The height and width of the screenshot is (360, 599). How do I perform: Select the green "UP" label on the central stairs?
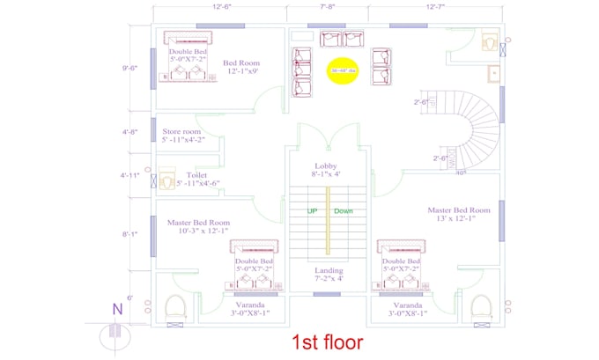[x=312, y=211]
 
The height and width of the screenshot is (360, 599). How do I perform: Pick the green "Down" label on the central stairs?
[x=344, y=211]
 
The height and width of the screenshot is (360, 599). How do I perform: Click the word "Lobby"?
[x=327, y=165]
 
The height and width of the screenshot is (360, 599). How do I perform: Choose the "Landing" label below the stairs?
[x=328, y=270]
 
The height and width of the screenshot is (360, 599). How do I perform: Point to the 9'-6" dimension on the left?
[x=129, y=67]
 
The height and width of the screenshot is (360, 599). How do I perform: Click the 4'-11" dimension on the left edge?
[x=129, y=175]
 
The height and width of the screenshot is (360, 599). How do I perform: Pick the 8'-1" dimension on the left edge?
[x=129, y=234]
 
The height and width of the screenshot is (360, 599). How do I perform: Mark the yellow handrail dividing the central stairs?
[x=328, y=220]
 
